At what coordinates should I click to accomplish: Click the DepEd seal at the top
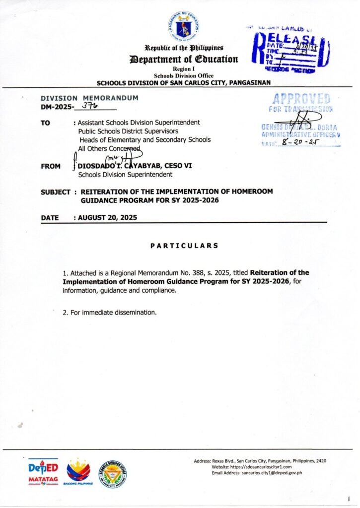pyautogui.click(x=180, y=26)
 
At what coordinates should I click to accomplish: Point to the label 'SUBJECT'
pyautogui.click(x=55, y=191)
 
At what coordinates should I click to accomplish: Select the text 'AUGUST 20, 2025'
pyautogui.click(x=108, y=217)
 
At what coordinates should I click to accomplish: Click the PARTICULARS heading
pyautogui.click(x=184, y=245)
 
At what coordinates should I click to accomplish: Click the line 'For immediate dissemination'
pyautogui.click(x=113, y=313)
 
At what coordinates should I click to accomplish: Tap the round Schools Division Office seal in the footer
pyautogui.click(x=112, y=474)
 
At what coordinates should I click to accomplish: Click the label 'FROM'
pyautogui.click(x=51, y=167)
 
